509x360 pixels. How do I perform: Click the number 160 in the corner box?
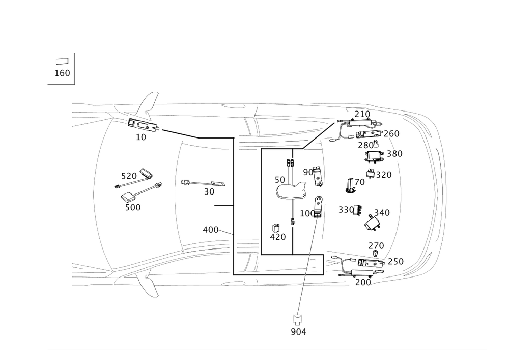(62, 73)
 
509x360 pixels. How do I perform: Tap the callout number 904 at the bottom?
(298, 332)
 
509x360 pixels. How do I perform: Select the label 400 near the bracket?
(210, 230)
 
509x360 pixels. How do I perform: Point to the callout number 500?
(133, 207)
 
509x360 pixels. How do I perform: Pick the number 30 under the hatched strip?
(209, 192)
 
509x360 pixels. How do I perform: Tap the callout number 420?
(278, 236)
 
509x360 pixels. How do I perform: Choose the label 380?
(394, 153)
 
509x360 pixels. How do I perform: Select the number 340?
(381, 212)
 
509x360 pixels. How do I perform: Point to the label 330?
(347, 210)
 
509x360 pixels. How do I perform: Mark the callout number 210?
(363, 114)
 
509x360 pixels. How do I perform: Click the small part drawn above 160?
(62, 61)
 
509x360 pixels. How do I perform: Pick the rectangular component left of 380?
(375, 156)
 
